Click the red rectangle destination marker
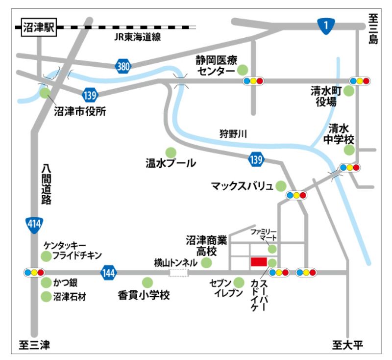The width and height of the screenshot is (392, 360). [x=258, y=261]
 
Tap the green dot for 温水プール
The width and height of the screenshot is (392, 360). [x=171, y=152]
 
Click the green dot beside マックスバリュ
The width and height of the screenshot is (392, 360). [x=281, y=186]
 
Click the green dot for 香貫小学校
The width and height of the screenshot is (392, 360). [x=147, y=283]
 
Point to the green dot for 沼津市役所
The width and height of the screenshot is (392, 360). [x=45, y=92]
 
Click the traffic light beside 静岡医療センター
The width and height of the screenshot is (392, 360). [x=254, y=81]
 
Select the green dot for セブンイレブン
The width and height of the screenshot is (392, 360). [x=239, y=283]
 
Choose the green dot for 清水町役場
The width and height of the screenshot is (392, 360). [x=349, y=91]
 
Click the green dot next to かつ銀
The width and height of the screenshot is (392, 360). [x=46, y=283]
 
